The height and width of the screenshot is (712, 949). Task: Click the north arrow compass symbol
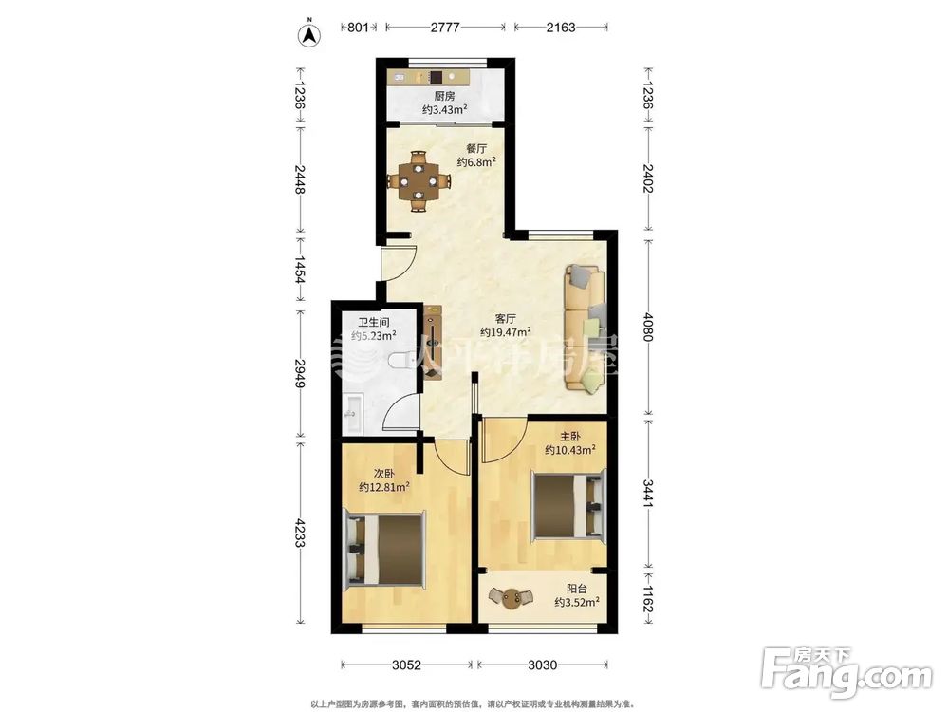coord(310,34)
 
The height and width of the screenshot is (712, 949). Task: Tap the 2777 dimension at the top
coord(445,28)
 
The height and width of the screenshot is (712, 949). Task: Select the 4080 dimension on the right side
coord(647,327)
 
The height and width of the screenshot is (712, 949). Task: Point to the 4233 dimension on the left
coord(299,532)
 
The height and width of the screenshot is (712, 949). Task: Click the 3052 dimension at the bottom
coord(406,665)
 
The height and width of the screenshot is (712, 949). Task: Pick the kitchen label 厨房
coord(444,96)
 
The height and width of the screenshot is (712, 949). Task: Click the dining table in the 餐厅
coord(419,181)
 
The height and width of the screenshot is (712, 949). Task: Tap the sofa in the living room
coord(585,328)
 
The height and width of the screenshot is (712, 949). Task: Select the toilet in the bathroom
coord(397,362)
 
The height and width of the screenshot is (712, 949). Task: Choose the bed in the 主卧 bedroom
coord(568,504)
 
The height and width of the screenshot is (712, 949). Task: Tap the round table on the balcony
coord(512,599)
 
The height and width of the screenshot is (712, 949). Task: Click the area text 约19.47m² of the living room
coord(506,331)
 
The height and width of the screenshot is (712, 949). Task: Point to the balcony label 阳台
coord(577,588)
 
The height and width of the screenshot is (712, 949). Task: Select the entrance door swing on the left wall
coord(398,263)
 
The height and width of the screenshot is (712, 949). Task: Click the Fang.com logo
coord(847,672)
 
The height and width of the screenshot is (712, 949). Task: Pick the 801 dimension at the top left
coord(359,28)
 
